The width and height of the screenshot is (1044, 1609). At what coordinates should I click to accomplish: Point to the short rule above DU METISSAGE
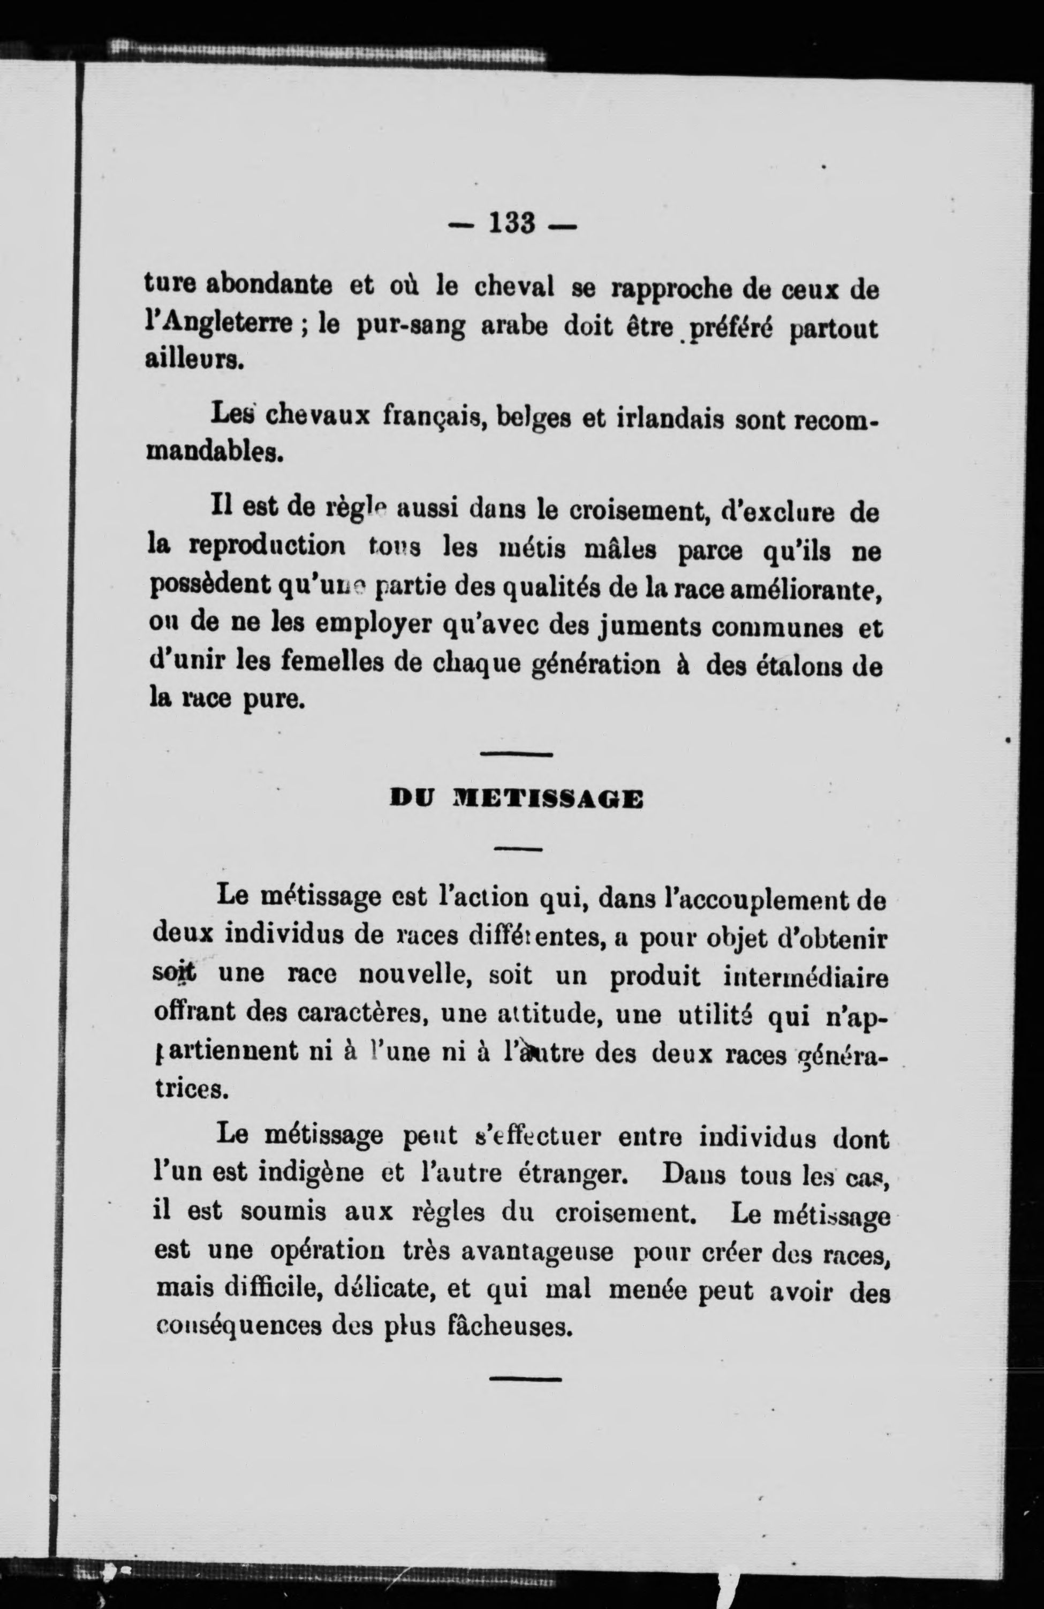tap(517, 754)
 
